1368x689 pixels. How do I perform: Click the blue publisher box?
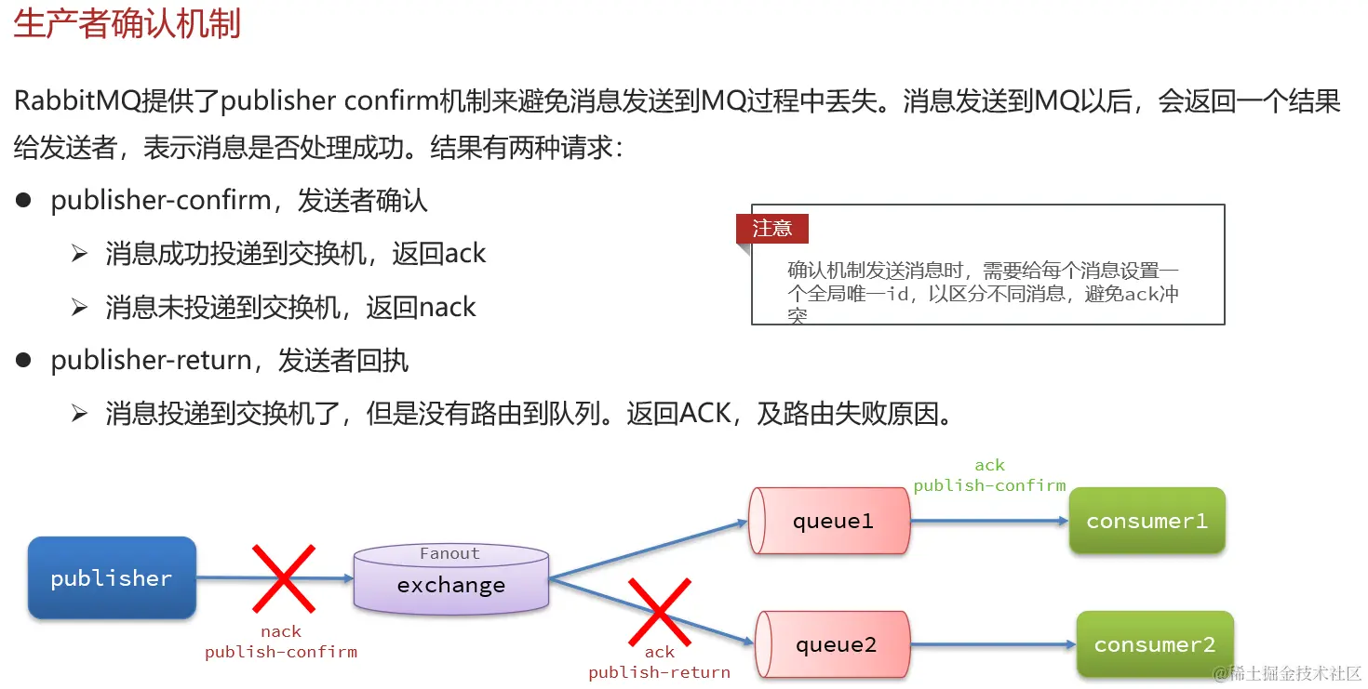coord(112,577)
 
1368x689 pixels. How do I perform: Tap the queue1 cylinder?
coord(830,521)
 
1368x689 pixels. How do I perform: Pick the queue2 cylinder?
coord(834,644)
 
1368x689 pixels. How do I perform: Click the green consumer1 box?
coord(1147,521)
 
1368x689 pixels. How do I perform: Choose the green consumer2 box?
coord(1154,643)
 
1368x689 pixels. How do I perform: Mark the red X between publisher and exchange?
coord(282,578)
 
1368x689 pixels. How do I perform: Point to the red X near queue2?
coord(659,611)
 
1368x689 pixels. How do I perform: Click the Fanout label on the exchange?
coord(449,553)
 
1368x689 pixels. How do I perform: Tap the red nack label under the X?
coord(280,631)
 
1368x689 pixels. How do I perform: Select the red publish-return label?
coord(659,672)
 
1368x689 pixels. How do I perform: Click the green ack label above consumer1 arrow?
coord(989,465)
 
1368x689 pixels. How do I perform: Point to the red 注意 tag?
coord(771,228)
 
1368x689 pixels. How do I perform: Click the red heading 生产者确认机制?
coord(127,23)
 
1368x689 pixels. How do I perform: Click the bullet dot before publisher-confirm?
coord(23,200)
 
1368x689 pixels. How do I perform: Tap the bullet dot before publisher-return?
coord(23,360)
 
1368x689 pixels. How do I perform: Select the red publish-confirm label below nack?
coord(281,652)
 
